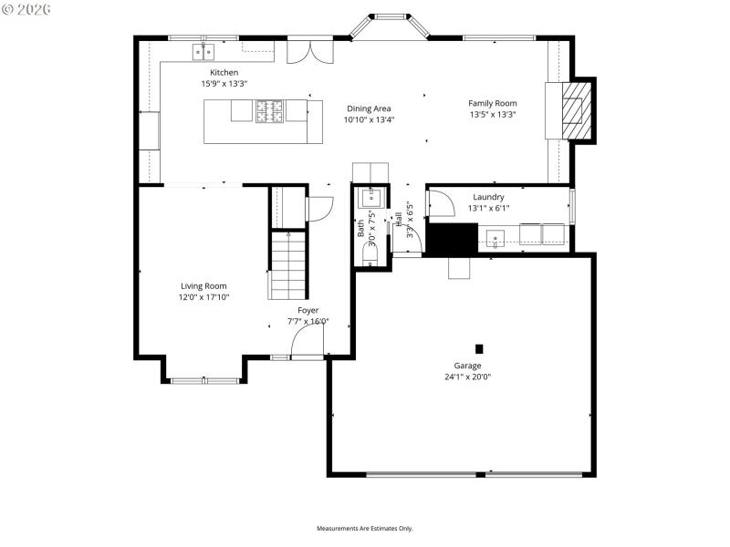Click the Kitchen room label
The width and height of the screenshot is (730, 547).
(x=224, y=72)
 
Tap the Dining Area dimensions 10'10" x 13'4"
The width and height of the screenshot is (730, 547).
(x=369, y=119)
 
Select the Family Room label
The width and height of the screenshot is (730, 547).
(x=493, y=103)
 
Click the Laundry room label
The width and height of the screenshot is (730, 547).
(x=488, y=197)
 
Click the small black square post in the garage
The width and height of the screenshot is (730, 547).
(x=479, y=348)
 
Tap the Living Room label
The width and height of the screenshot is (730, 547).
(x=203, y=285)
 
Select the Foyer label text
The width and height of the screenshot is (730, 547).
(x=308, y=310)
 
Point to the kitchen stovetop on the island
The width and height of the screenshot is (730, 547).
(x=269, y=111)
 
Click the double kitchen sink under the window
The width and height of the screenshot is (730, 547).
(x=203, y=50)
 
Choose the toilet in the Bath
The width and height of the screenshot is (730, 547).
(x=370, y=258)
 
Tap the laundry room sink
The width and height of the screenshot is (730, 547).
(x=494, y=239)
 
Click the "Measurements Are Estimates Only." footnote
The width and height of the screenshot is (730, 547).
(x=365, y=529)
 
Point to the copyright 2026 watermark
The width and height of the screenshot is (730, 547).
(x=27, y=9)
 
